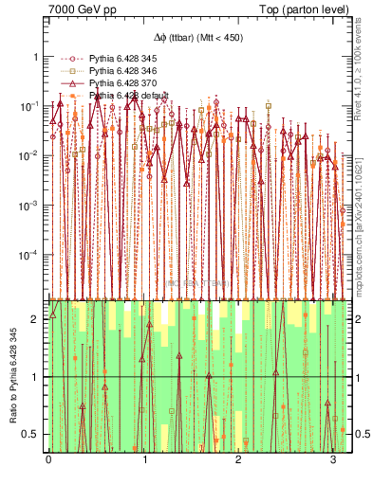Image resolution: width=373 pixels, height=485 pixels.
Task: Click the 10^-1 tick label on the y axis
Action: point(30,105)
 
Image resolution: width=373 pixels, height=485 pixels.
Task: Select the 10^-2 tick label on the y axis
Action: point(30,155)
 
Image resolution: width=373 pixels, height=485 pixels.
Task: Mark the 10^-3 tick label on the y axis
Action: point(30,205)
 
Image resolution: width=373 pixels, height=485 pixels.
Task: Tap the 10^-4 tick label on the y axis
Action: point(30,255)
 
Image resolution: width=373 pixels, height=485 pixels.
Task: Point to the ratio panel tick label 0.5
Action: point(32,435)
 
